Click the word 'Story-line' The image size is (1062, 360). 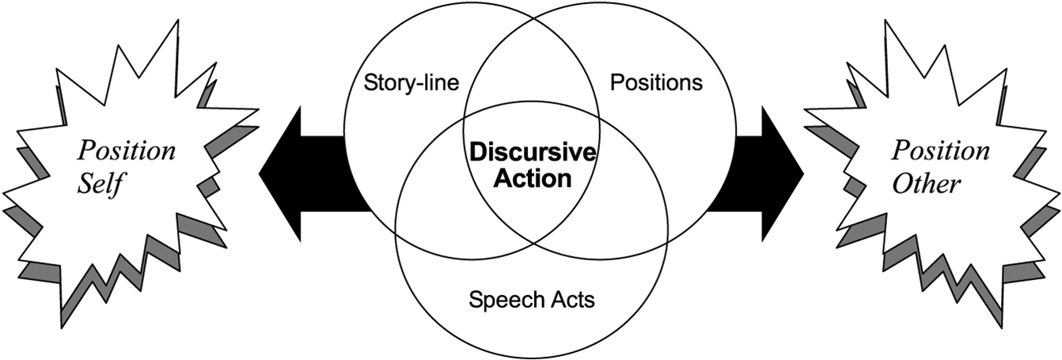pos(412,82)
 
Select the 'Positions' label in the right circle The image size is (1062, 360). pos(657,82)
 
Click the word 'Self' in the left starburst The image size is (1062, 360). pos(103,186)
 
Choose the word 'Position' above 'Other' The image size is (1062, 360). pos(941,150)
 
